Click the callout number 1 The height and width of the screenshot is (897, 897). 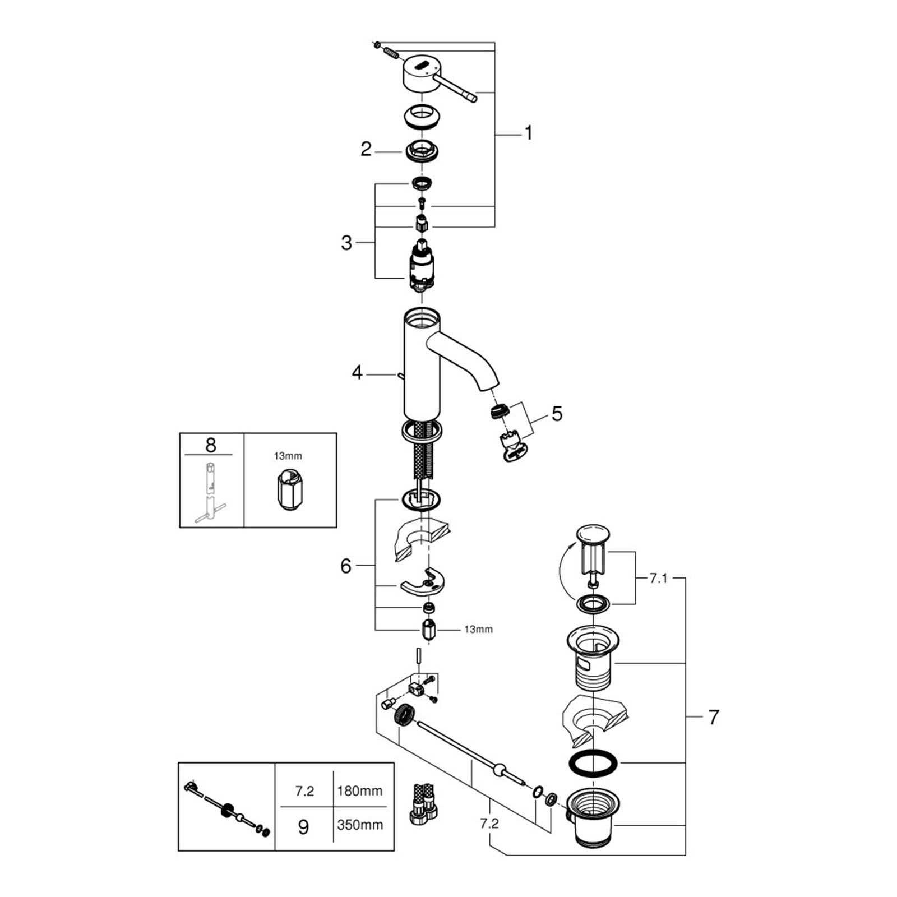point(528,133)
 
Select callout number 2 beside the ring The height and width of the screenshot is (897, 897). point(366,150)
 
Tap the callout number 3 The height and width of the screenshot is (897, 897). point(346,243)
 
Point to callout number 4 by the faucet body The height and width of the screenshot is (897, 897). point(357,373)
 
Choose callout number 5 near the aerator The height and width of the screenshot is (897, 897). point(557,414)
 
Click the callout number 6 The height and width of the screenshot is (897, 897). point(346,566)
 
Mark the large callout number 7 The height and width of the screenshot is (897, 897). point(713,717)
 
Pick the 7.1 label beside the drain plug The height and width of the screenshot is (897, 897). point(659,579)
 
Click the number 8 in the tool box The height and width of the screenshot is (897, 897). point(211,445)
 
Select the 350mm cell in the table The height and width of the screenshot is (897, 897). point(360,825)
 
